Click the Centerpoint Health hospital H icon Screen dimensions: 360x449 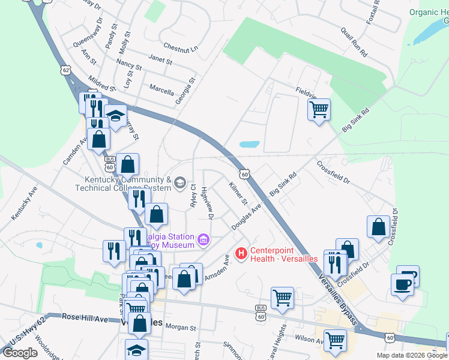point(242,254)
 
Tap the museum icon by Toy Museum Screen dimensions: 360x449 point(203,241)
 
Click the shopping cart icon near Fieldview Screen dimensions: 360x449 point(319,109)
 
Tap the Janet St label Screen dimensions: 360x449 point(160,60)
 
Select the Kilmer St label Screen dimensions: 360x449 point(237,191)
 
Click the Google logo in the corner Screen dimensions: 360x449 point(20,353)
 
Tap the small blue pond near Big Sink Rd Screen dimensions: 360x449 point(249,145)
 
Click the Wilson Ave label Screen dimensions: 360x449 point(309,339)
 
